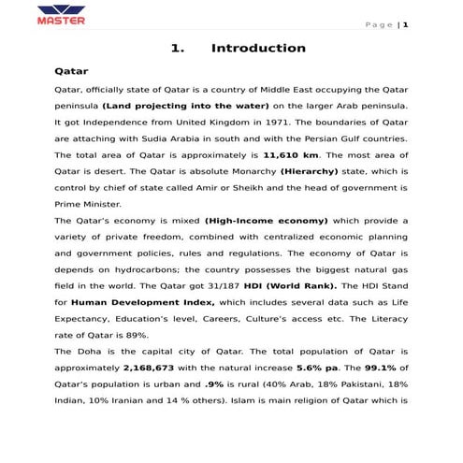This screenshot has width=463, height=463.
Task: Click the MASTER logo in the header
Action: pos(62,16)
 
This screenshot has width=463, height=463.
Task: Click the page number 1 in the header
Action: pos(406,24)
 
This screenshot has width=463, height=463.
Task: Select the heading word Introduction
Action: pos(258,49)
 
